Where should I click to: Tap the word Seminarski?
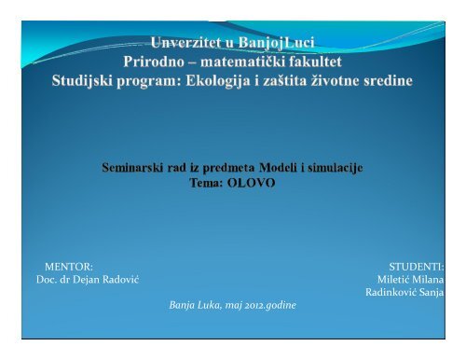pyautogui.click(x=137, y=167)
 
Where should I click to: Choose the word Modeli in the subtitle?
pyautogui.click(x=272, y=167)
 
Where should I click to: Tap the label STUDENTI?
pyautogui.click(x=417, y=268)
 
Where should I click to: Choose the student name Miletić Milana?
pyautogui.click(x=410, y=281)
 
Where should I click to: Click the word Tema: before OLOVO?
pyautogui.click(x=206, y=183)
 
